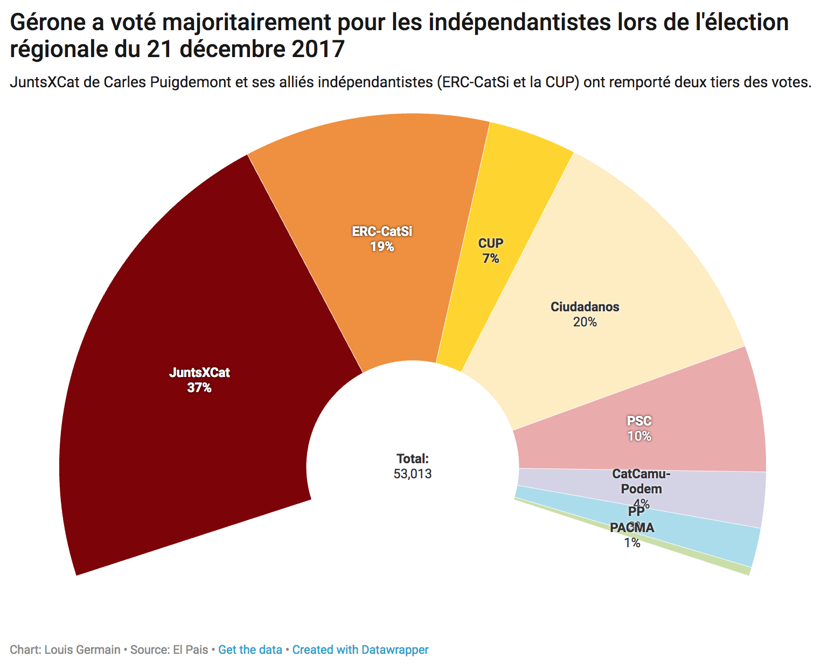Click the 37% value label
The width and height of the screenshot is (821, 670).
199,388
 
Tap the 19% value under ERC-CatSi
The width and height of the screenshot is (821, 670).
382,247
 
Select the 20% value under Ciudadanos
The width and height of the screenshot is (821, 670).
585,322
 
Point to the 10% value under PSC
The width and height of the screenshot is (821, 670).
639,436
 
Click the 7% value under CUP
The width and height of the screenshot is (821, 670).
491,259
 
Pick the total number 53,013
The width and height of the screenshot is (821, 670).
413,474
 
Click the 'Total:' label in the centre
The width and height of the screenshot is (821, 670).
413,459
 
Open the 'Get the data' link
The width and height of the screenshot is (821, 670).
250,650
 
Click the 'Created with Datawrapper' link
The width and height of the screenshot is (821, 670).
360,650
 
